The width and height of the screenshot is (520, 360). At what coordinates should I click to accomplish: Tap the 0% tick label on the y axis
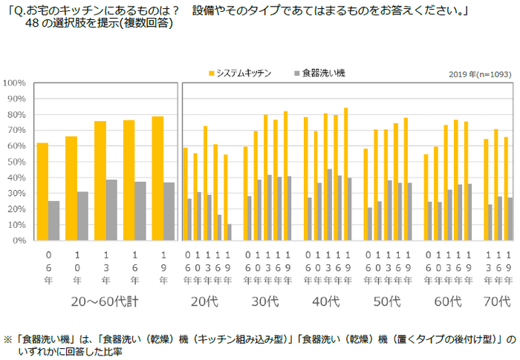pos(19,241)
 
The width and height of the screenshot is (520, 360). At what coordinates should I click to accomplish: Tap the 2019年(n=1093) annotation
pos(479,74)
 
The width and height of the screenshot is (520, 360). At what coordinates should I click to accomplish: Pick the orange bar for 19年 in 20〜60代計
pos(157,178)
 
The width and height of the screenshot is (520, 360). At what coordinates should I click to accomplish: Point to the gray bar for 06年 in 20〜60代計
pos(54,220)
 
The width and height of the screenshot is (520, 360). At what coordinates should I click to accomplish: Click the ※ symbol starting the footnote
pos(7,336)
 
